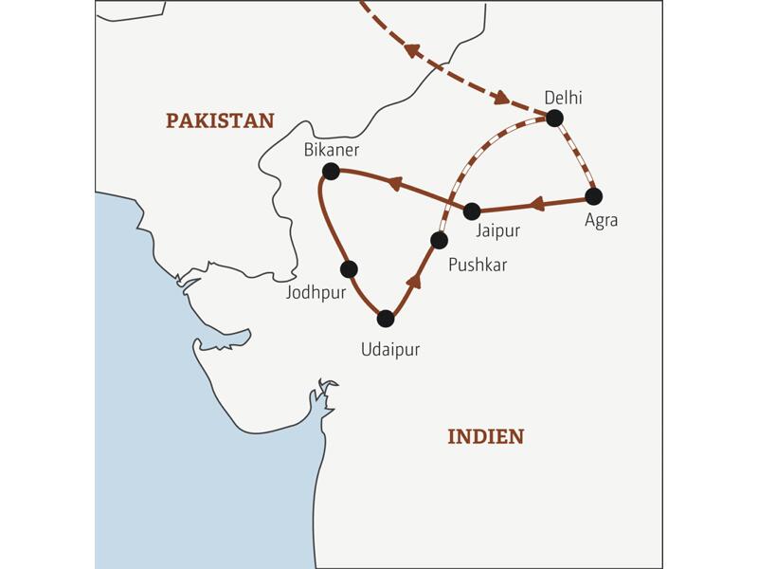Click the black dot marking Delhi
click(x=554, y=118)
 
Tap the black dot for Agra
click(x=594, y=196)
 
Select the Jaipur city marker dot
click(x=471, y=211)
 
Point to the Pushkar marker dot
click(x=438, y=240)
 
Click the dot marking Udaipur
click(x=385, y=319)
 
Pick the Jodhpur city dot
click(x=349, y=268)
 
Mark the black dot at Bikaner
click(x=331, y=171)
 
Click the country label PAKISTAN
click(x=220, y=120)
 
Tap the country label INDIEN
click(x=485, y=436)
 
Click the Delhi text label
click(x=564, y=97)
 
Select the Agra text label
click(x=601, y=220)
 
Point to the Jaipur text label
click(x=496, y=229)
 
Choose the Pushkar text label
click(x=478, y=265)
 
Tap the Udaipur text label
click(x=389, y=349)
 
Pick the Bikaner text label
click(x=332, y=150)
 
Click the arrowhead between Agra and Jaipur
click(x=535, y=204)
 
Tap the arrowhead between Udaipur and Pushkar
click(x=414, y=279)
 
